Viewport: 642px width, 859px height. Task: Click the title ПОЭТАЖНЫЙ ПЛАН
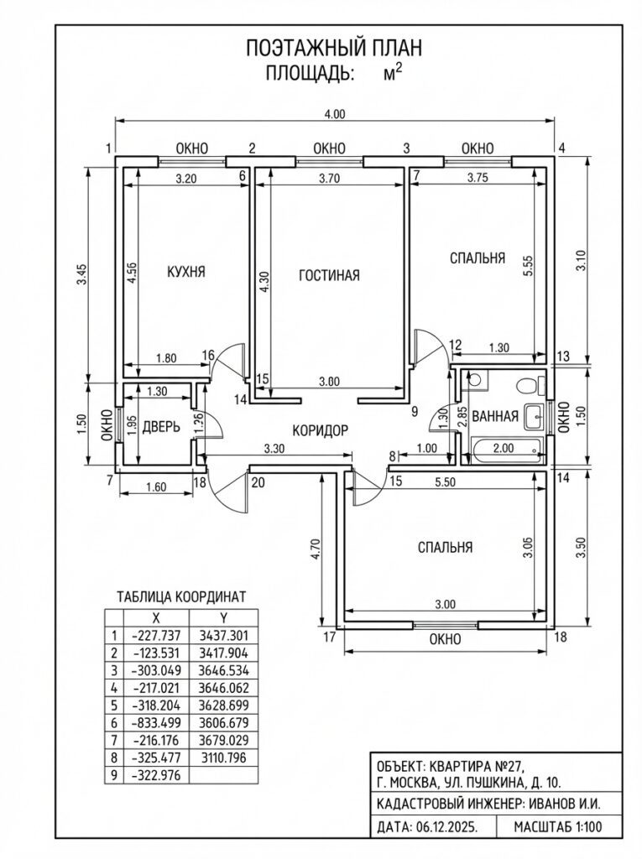point(333,48)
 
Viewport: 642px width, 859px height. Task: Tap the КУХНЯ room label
point(185,272)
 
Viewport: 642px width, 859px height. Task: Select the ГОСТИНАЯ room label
point(329,275)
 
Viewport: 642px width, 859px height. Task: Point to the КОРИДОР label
point(320,430)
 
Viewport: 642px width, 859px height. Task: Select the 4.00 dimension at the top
point(335,114)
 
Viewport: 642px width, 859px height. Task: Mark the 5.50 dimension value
point(457,483)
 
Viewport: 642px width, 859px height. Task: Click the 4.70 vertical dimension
point(315,549)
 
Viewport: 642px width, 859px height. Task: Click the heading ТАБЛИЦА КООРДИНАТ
point(180,596)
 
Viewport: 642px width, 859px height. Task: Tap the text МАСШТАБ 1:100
point(548,827)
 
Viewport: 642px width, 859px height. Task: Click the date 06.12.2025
point(446,827)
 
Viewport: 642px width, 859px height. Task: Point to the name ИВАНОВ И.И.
point(564,803)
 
